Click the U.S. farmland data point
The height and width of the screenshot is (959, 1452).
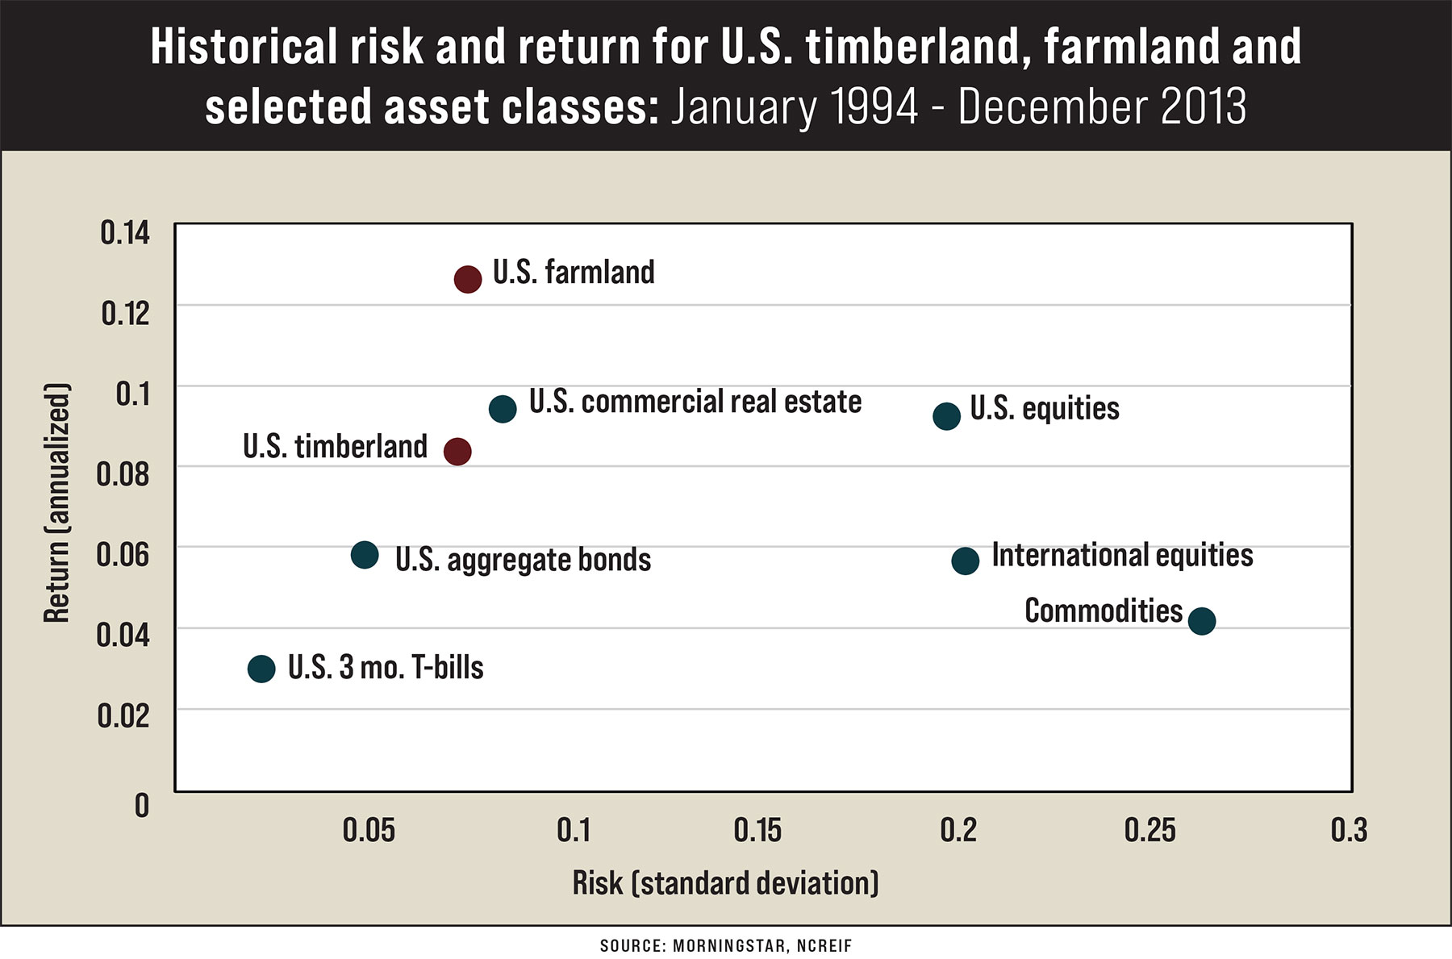[x=468, y=279]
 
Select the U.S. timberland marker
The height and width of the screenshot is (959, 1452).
[x=457, y=451]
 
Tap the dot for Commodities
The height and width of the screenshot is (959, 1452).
[x=1202, y=620]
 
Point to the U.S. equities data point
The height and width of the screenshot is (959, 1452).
[x=947, y=416]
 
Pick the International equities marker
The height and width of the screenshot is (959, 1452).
[x=966, y=561]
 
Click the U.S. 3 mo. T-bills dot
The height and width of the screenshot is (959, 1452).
[x=261, y=668]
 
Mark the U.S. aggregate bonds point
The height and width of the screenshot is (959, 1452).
[x=365, y=555]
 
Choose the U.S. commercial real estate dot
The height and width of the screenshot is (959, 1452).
[x=503, y=409]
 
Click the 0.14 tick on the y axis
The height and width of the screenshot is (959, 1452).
[x=125, y=233]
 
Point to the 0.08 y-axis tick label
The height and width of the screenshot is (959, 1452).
[x=123, y=473]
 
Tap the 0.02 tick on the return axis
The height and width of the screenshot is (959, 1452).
[x=123, y=715]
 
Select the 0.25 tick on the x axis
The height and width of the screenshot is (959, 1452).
[x=1150, y=830]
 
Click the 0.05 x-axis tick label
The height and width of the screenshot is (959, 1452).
[x=369, y=830]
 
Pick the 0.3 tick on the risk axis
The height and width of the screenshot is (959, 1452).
[x=1349, y=830]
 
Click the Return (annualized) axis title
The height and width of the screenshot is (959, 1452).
[x=56, y=502]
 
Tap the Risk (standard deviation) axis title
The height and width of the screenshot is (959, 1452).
[x=725, y=883]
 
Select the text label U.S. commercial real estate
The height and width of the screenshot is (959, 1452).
[x=695, y=402]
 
